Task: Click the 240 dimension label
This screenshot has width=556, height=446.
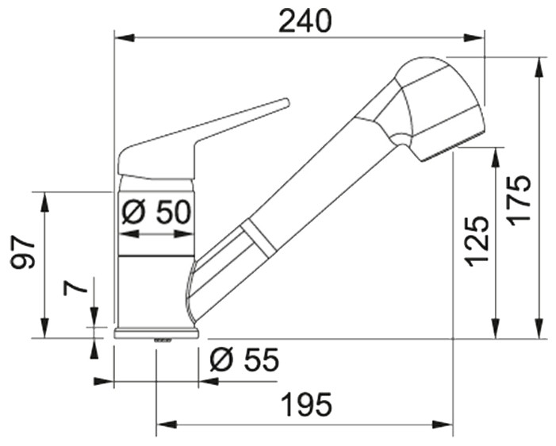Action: (x=305, y=21)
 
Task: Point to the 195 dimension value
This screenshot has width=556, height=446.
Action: (x=306, y=405)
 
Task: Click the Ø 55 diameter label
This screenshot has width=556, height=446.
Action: (x=244, y=360)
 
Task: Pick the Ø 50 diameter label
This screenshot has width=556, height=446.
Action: (x=156, y=212)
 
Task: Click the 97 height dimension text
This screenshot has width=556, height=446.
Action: (x=23, y=252)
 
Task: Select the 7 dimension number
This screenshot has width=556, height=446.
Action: (x=75, y=287)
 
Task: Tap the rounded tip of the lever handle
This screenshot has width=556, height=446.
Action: (x=286, y=102)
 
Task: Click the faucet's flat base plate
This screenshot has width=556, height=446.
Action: (x=156, y=333)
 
